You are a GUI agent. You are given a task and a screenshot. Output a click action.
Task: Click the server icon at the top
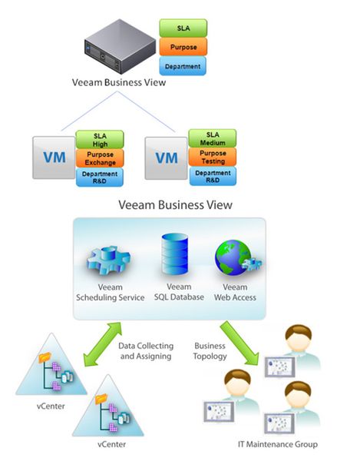click(x=119, y=47)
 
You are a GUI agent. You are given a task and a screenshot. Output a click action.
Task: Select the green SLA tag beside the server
click(x=183, y=28)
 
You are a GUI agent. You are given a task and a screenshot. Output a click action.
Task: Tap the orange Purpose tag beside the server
click(x=183, y=47)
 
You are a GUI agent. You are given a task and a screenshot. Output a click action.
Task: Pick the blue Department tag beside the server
click(x=183, y=67)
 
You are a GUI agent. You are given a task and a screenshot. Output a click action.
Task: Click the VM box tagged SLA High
click(x=53, y=158)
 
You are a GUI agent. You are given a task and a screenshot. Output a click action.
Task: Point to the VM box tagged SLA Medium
click(x=167, y=158)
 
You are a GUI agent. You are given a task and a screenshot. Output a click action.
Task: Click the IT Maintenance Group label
click(x=279, y=445)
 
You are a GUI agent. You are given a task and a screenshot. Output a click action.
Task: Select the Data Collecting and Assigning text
click(x=147, y=351)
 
